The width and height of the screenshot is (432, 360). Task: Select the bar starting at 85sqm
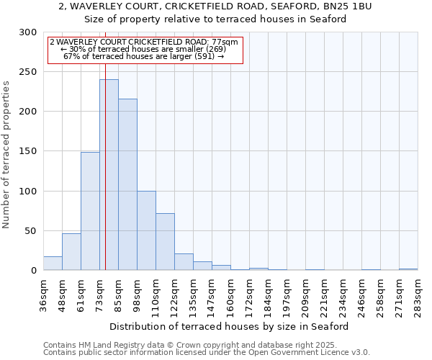(x=127, y=184)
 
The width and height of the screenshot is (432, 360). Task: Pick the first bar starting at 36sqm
(x=53, y=264)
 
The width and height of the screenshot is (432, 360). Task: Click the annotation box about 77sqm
(x=145, y=50)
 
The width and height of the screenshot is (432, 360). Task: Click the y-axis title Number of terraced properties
(x=7, y=154)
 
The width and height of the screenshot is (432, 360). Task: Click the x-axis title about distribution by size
(x=230, y=326)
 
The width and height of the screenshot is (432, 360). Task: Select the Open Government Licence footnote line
(x=206, y=353)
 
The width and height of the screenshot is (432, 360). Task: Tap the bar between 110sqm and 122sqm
(x=165, y=242)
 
